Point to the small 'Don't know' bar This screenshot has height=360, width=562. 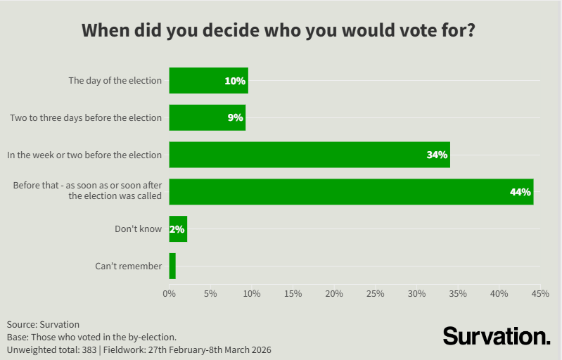tap(178, 229)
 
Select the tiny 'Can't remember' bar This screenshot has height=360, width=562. tap(172, 266)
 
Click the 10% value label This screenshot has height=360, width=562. tap(235, 81)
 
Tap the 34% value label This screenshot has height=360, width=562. tap(437, 155)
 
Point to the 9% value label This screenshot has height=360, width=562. tap(236, 117)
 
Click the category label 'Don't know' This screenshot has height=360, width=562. tap(139, 229)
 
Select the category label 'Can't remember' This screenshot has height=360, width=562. tap(129, 266)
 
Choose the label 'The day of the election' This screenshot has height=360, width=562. tap(115, 81)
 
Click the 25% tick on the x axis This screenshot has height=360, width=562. tap(376, 292)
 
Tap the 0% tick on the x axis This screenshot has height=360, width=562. tap(170, 292)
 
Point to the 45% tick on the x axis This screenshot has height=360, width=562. tap(540, 292)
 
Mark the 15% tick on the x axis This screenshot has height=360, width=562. tap(293, 292)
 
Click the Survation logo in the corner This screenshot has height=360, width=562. tap(497, 335)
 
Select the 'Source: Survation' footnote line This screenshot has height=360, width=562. tap(44, 324)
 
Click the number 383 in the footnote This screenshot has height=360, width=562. tap(89, 349)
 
